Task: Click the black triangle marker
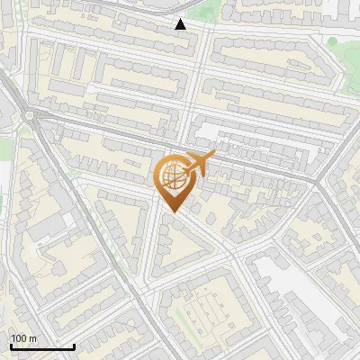click(181, 24)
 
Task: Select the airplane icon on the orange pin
click(197, 163)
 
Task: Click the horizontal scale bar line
click(42, 346)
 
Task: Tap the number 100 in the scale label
click(19, 337)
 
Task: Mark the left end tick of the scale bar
click(11, 345)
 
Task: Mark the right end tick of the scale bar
click(74, 345)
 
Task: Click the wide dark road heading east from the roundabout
click(108, 130)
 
